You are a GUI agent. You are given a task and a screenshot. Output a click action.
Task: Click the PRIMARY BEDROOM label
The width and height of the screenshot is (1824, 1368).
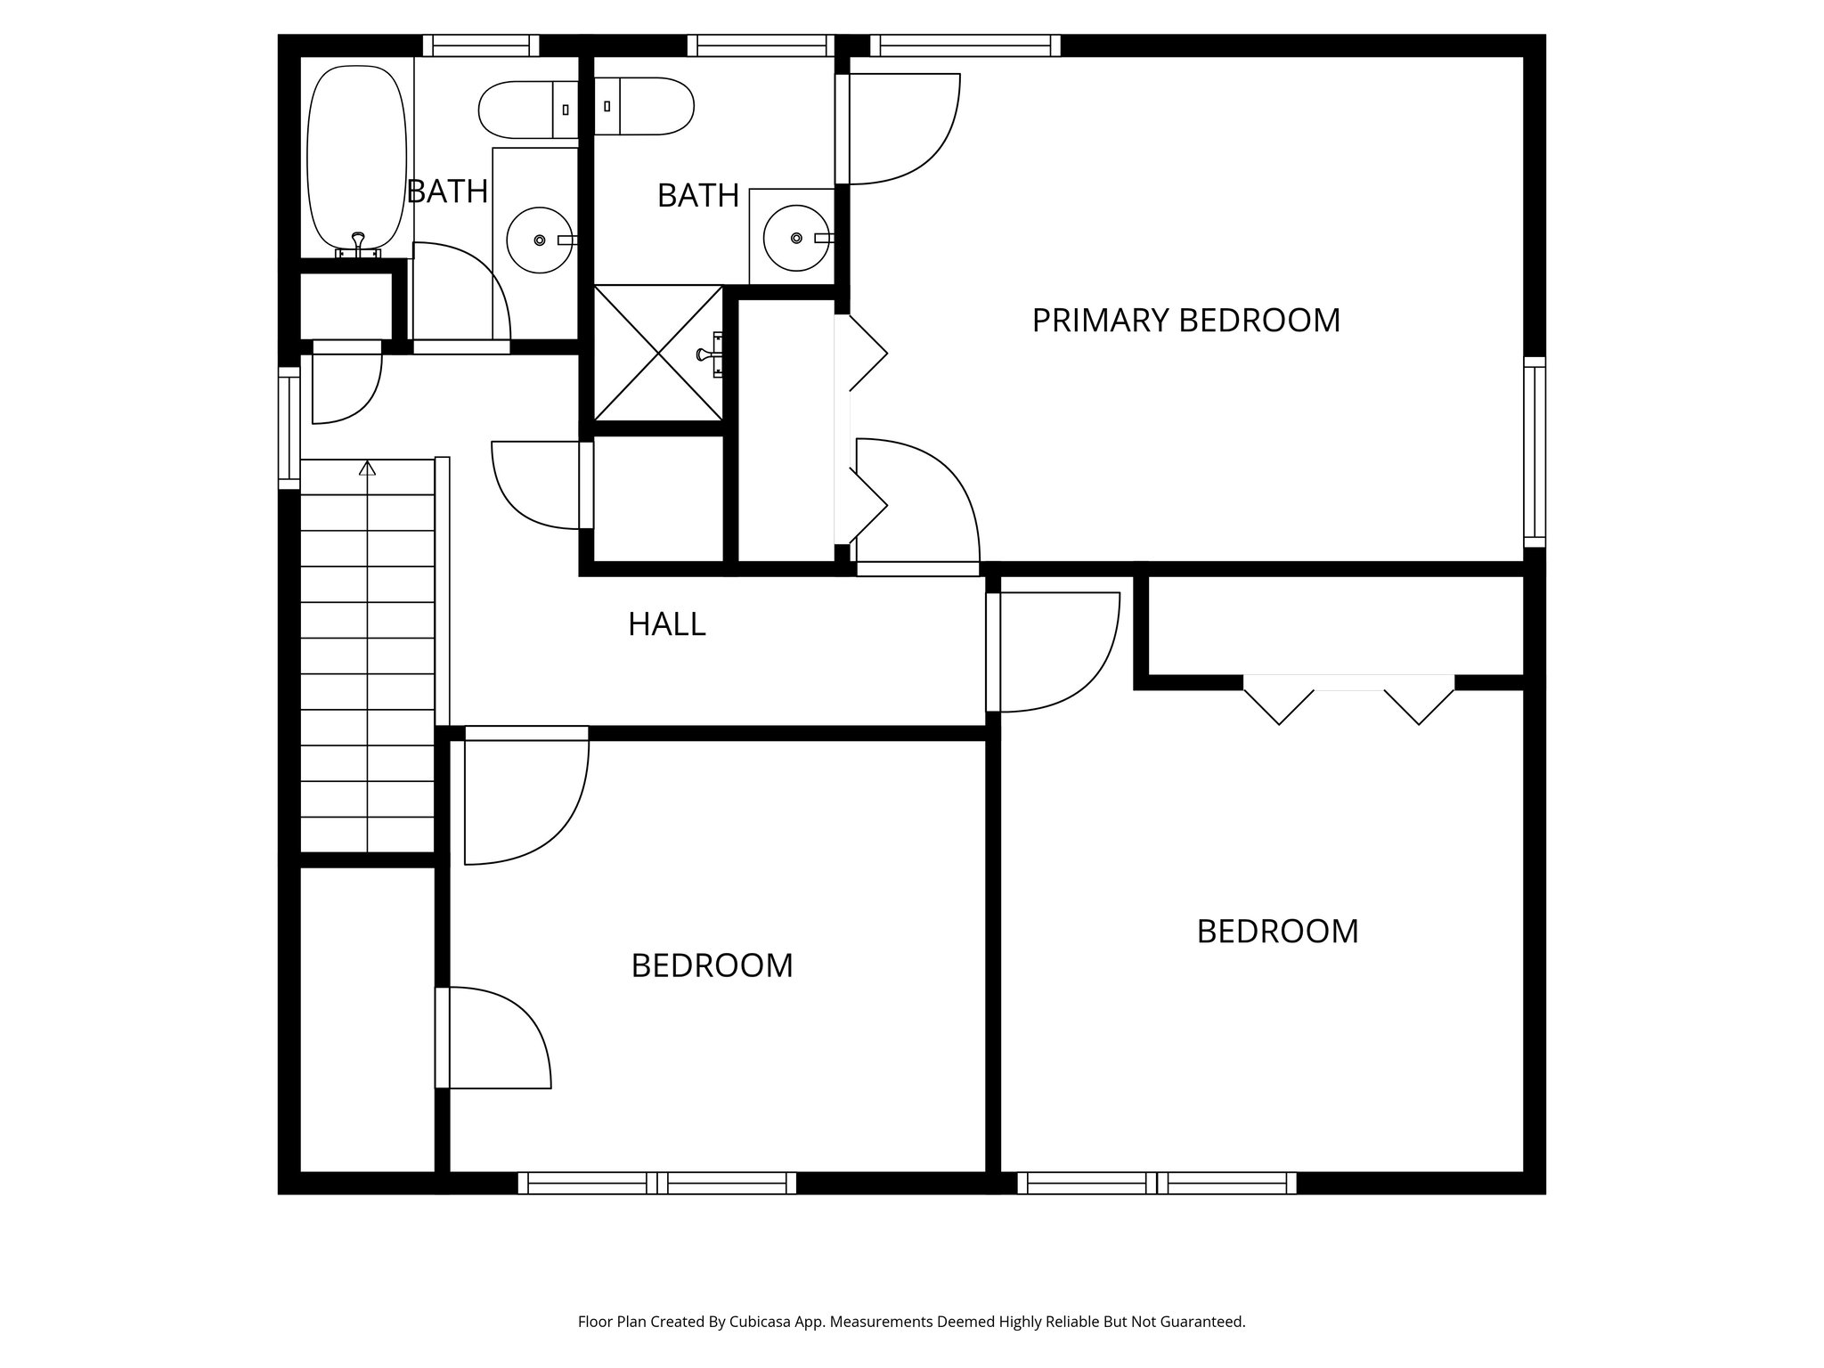point(1185,321)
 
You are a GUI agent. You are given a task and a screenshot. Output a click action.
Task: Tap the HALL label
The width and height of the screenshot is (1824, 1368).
point(666,624)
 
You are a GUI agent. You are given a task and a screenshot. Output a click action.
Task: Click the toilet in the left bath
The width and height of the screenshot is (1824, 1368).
point(527,110)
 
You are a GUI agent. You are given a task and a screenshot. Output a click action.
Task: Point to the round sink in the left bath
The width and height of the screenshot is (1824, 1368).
point(539,240)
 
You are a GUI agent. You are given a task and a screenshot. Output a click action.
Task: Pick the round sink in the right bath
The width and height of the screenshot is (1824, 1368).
point(795,238)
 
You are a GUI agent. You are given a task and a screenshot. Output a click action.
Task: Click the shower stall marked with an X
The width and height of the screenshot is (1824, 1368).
point(658,353)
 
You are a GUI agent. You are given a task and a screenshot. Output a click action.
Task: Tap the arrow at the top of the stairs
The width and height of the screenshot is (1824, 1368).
point(367,468)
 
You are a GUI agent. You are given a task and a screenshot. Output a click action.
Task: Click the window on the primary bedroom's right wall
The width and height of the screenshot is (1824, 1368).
point(1534,452)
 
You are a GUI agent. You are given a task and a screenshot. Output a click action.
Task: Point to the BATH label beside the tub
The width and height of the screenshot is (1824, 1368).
point(447,191)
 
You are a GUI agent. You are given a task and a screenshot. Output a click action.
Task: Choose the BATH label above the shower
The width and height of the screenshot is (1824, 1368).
point(698,196)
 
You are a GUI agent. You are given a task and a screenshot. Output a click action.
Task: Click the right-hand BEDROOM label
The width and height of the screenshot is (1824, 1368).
point(1277,932)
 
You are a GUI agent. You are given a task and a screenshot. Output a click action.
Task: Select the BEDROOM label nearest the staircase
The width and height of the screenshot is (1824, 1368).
point(712,965)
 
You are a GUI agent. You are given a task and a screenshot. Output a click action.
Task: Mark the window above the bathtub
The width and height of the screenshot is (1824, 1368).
point(481,45)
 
